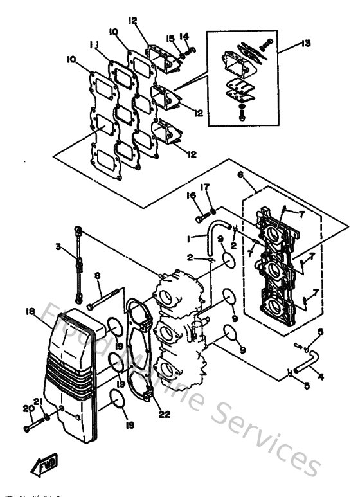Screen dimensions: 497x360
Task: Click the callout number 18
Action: (x=30, y=311)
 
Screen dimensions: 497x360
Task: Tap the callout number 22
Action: (x=165, y=415)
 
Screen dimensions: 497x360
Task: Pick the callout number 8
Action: (x=98, y=276)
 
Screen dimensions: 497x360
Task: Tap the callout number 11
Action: (x=94, y=45)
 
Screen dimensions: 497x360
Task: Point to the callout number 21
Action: (x=39, y=402)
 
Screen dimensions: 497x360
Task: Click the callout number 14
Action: (x=184, y=36)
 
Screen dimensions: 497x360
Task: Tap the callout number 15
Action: (x=171, y=39)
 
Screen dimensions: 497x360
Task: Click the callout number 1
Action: (x=187, y=238)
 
